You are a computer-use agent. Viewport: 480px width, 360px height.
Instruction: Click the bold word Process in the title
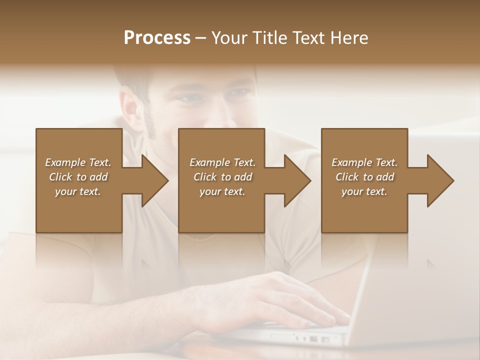point(157,38)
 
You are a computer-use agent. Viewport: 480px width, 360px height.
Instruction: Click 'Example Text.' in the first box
point(78,162)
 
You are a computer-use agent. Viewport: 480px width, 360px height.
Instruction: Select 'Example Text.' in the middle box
point(222,162)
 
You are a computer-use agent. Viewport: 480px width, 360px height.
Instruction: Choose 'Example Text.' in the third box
point(364,162)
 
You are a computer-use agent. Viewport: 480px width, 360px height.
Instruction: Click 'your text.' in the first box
point(78,191)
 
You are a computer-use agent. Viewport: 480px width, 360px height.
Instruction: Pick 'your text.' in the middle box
point(222,191)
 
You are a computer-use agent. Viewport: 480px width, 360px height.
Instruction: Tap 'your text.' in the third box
point(364,191)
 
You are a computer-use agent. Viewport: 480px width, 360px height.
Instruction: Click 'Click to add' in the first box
point(78,177)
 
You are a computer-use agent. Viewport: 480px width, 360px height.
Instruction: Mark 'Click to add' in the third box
point(364,177)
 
